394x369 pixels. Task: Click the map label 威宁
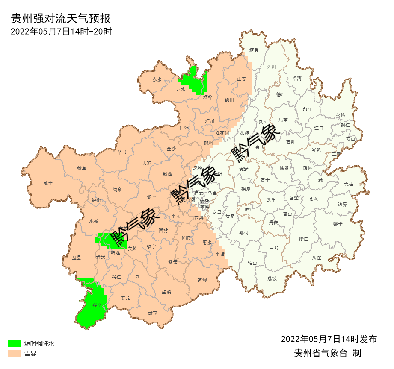tap(48, 183)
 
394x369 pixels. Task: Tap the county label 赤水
tap(157, 79)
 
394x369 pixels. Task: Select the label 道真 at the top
tap(254, 50)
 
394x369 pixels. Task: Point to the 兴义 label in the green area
tap(98, 305)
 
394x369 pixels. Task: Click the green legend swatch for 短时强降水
tap(15, 343)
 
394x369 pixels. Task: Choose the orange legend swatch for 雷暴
tap(15, 354)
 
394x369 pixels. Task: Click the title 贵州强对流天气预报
tap(60, 19)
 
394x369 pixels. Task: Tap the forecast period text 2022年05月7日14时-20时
tap(61, 31)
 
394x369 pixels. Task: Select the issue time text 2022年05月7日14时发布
tap(329, 339)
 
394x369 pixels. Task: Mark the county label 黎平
tap(338, 223)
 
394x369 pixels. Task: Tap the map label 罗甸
tap(202, 280)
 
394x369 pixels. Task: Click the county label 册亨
tap(152, 313)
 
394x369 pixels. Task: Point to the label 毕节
tap(122, 152)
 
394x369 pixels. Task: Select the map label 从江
tap(316, 258)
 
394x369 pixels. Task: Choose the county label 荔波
tap(272, 278)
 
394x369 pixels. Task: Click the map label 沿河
tap(296, 79)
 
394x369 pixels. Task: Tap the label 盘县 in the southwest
tap(77, 258)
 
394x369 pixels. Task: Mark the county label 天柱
tap(349, 184)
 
